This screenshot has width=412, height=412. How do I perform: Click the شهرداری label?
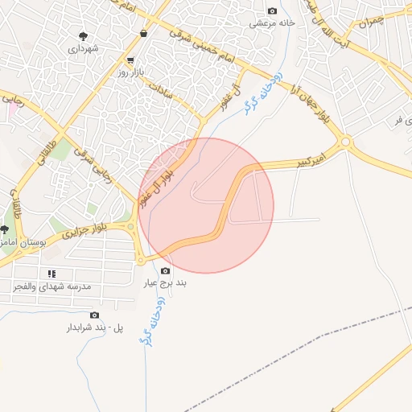pyautogui.click(x=83, y=49)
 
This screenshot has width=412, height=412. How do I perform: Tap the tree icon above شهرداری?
pyautogui.click(x=83, y=35)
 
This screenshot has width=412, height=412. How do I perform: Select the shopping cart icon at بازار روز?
pyautogui.click(x=130, y=60)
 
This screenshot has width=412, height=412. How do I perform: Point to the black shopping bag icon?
pyautogui.click(x=143, y=34)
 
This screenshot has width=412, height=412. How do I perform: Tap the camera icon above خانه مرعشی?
pyautogui.click(x=272, y=11)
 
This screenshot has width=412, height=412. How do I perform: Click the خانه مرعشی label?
pyautogui.click(x=272, y=23)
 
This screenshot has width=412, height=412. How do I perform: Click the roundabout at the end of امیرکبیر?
pyautogui.click(x=346, y=142)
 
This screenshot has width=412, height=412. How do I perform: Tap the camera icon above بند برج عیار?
pyautogui.click(x=166, y=271)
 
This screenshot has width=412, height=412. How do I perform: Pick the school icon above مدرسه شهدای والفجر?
pyautogui.click(x=51, y=274)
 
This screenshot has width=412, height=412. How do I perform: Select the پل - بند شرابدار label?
pyautogui.click(x=95, y=328)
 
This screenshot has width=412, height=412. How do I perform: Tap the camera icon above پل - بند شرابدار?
pyautogui.click(x=95, y=315)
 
